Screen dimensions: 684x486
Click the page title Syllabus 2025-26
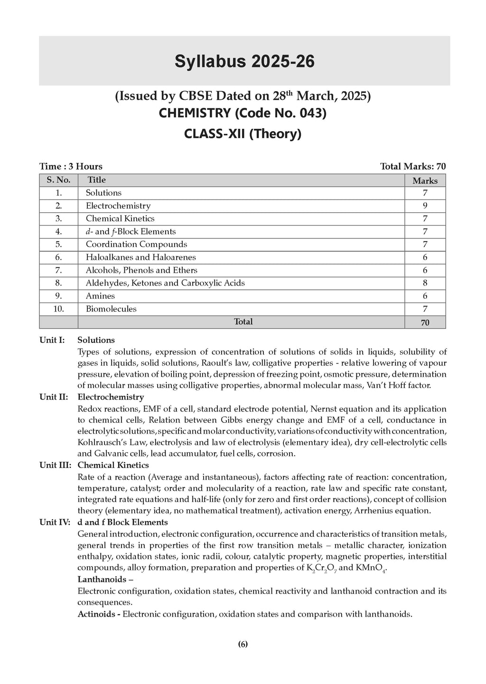point(244,62)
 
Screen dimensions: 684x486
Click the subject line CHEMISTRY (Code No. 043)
point(243,114)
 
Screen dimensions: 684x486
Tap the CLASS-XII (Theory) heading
point(243,134)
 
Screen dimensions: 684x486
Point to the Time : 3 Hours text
point(71,166)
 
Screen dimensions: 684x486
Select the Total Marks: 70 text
point(412,166)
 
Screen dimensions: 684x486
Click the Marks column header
point(425,180)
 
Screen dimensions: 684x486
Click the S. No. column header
point(58,180)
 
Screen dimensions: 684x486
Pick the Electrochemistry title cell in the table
point(118,206)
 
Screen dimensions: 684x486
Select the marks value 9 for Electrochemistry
point(425,206)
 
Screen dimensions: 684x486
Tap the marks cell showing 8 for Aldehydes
point(425,283)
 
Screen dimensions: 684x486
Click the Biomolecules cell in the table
point(111,309)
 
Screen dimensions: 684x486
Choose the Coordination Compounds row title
point(136,244)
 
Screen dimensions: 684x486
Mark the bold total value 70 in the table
point(425,323)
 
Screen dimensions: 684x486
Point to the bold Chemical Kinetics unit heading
point(113,465)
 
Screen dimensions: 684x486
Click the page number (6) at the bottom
point(243,645)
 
